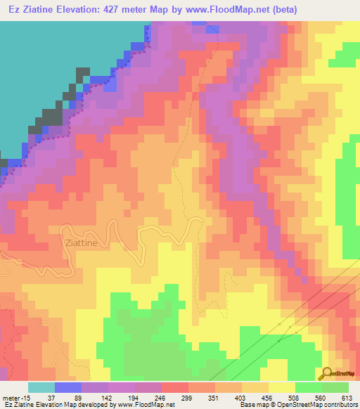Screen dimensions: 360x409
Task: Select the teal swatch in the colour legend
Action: click(41, 387)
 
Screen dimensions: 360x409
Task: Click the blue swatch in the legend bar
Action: click(68, 387)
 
